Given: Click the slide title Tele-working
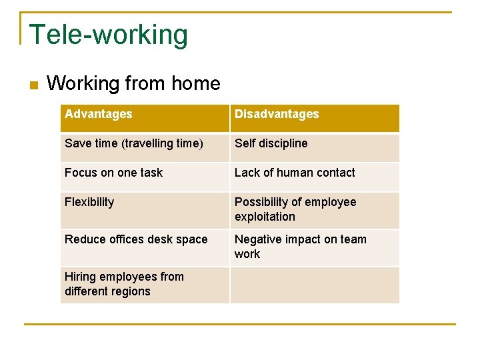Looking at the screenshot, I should click(x=109, y=35).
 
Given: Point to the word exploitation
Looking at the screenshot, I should click(x=265, y=217).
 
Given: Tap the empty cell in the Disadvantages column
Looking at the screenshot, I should click(x=315, y=285).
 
